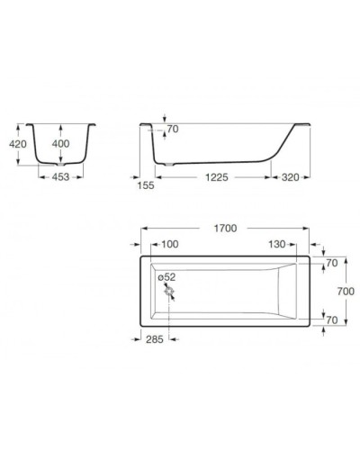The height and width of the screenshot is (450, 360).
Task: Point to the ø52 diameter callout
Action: [166, 278]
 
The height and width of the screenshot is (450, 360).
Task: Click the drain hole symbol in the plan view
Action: [167, 290]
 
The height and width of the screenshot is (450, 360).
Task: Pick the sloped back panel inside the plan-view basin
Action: [287, 291]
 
